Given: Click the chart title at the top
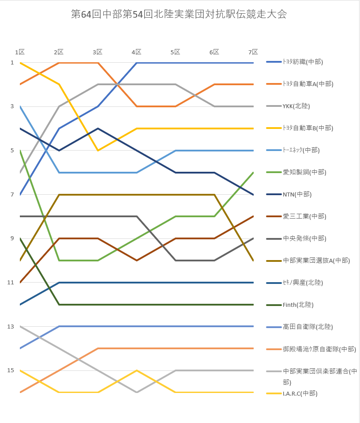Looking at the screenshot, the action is pyautogui.click(x=179, y=14).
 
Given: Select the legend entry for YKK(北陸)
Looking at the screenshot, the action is pyautogui.click(x=288, y=106).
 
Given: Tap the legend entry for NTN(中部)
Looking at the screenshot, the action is pyautogui.click(x=289, y=194).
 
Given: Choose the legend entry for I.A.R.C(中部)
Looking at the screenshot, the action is pyautogui.click(x=292, y=393).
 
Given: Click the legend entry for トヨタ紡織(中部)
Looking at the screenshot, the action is pyautogui.click(x=295, y=62).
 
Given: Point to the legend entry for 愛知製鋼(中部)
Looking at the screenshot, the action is pyautogui.click(x=296, y=172).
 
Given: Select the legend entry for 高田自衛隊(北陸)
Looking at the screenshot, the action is pyautogui.click(x=300, y=327).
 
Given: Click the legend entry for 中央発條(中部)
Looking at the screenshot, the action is pyautogui.click(x=296, y=238).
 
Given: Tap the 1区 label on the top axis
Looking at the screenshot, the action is pyautogui.click(x=20, y=52).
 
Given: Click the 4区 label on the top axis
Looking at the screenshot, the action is pyautogui.click(x=137, y=52).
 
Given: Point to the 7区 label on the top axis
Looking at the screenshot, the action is pyautogui.click(x=253, y=52).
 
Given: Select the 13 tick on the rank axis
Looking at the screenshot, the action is pyautogui.click(x=11, y=327).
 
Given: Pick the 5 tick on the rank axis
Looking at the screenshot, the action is pyautogui.click(x=12, y=150).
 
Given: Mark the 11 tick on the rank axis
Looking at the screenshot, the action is pyautogui.click(x=11, y=283).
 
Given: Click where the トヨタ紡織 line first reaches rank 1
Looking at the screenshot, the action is pyautogui.click(x=137, y=63).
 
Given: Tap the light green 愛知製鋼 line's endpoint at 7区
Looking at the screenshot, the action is pyautogui.click(x=253, y=173).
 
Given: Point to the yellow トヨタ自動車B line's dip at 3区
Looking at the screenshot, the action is pyautogui.click(x=98, y=150).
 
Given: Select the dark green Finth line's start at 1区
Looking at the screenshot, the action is pyautogui.click(x=20, y=238).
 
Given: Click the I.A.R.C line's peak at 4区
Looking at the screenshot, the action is pyautogui.click(x=137, y=370).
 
